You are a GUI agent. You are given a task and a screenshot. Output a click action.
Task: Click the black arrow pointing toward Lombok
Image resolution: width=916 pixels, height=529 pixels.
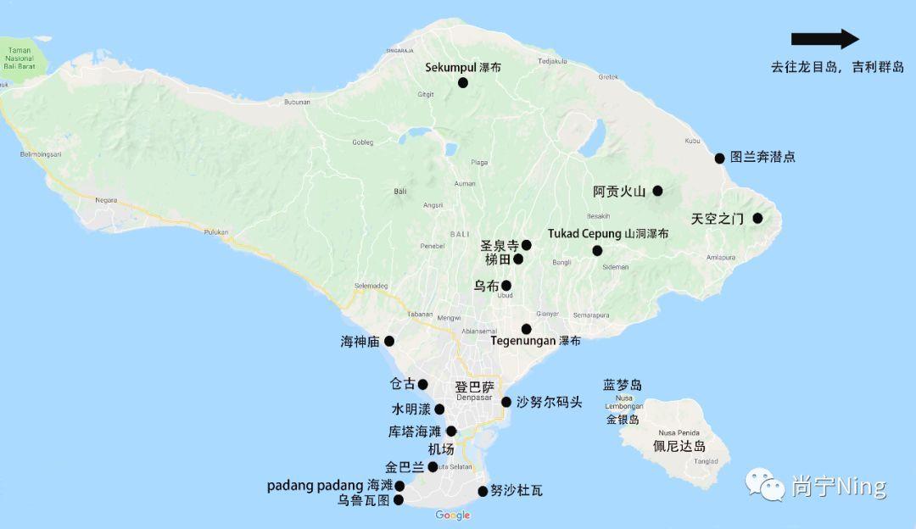(x=824, y=39)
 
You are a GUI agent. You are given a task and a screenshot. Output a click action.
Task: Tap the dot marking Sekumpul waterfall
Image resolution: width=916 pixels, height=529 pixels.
(x=463, y=82)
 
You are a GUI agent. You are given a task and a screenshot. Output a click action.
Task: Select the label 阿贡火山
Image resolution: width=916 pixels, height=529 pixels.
(x=619, y=192)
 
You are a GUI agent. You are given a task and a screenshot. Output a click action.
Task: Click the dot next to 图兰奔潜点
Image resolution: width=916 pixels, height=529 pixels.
(x=719, y=158)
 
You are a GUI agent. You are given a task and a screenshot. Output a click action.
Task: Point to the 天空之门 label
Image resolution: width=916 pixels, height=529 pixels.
(x=717, y=219)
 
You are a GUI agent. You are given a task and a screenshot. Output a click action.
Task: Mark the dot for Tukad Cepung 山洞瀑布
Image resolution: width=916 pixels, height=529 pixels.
(x=597, y=250)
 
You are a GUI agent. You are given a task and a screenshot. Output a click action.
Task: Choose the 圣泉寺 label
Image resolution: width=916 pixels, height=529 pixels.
(x=499, y=245)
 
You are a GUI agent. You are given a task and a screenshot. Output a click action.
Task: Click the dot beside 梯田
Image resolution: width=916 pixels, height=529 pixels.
(x=518, y=259)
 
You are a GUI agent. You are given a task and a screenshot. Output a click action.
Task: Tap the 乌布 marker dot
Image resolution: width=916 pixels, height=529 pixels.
(x=506, y=286)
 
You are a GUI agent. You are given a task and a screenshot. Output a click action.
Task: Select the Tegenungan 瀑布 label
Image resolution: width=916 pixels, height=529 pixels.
(x=535, y=341)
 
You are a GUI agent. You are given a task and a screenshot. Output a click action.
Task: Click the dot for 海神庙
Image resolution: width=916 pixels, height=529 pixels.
(x=389, y=341)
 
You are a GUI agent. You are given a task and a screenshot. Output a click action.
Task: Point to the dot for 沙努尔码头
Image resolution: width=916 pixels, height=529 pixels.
(x=506, y=402)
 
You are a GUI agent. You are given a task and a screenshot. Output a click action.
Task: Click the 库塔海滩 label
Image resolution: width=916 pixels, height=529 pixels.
(x=415, y=432)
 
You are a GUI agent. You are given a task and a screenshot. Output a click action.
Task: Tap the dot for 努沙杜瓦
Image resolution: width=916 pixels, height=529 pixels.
(x=483, y=491)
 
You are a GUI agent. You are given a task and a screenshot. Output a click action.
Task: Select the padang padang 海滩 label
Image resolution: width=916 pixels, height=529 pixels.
(x=330, y=486)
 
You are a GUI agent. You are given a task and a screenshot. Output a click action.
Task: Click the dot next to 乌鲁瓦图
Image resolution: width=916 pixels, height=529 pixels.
(x=399, y=500)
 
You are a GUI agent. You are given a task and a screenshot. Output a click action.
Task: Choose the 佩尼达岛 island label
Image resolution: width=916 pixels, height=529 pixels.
(x=679, y=446)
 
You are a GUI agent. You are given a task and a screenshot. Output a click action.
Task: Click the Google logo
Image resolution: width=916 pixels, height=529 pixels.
(x=453, y=515)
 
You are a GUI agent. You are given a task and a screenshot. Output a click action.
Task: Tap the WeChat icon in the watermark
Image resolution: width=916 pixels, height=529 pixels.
(x=765, y=484)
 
